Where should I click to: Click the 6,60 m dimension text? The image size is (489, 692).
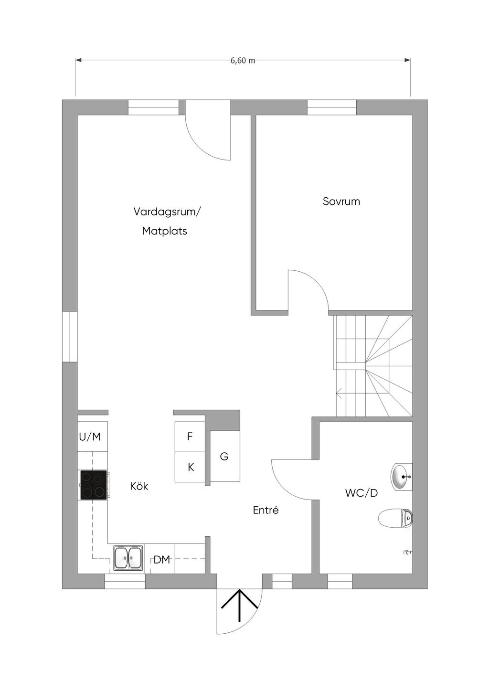pos(243,61)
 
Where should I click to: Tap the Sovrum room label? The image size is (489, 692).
pos(341,202)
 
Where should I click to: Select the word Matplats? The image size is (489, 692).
pos(165,231)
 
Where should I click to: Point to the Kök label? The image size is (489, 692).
pos(139,486)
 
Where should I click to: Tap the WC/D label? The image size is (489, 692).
pos(361,493)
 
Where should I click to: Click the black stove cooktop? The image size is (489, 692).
pos(94,485)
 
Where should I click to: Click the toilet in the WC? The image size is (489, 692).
pos(395,518)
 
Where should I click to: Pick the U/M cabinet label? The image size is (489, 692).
pos(90,437)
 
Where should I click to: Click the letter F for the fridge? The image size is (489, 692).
pos(190,436)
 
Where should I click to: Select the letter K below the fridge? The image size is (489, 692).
pos(191,468)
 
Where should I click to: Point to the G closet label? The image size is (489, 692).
pos(224,456)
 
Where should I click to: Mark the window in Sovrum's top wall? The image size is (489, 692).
pos(332,107)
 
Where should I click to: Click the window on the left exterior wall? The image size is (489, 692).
pos(70,336)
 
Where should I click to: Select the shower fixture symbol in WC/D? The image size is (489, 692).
pos(408,552)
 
